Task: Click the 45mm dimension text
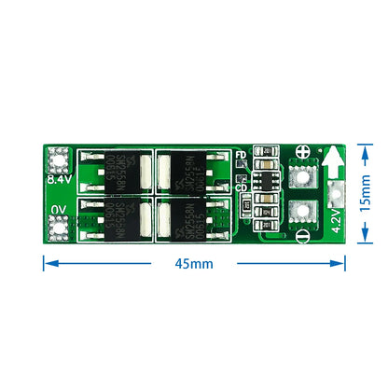[x=194, y=264]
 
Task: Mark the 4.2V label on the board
[x=337, y=221]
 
